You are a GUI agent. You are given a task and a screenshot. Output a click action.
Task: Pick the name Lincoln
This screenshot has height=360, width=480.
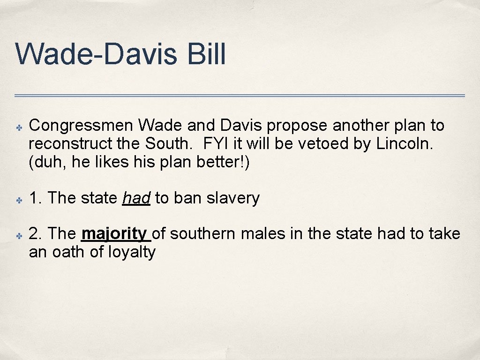[405, 143]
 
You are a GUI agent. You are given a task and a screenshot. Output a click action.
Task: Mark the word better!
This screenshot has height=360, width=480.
[221, 162]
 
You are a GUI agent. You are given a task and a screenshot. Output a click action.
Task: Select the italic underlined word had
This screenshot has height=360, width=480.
[136, 198]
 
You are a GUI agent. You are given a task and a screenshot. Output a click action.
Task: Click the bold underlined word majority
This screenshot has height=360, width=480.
[114, 233]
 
